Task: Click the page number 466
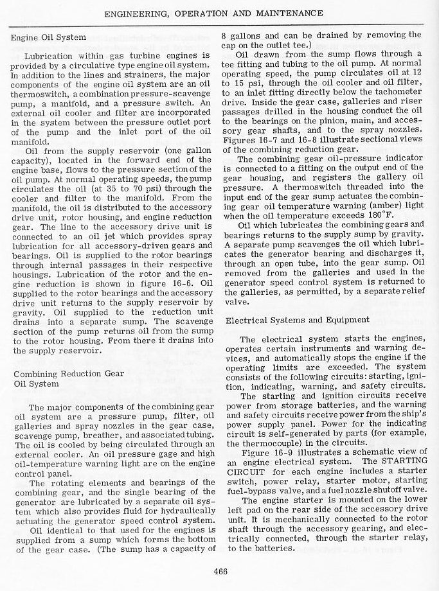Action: (220, 568)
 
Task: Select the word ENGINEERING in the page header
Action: (133, 13)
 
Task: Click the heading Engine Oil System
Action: (49, 37)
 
